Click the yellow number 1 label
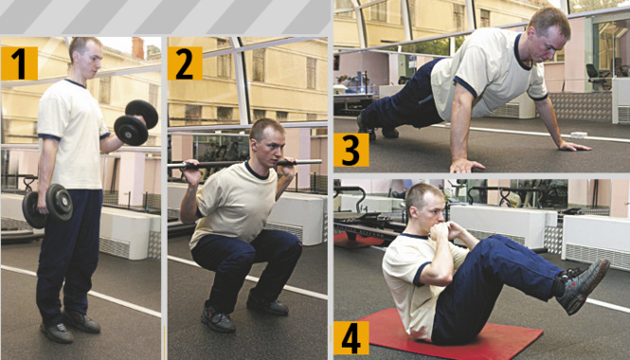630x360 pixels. [x=19, y=63]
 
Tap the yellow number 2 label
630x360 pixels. [x=185, y=63]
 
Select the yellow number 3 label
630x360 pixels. [x=351, y=150]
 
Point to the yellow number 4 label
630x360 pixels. [x=351, y=338]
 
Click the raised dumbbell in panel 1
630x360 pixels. [x=135, y=122]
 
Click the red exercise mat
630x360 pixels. [x=450, y=333]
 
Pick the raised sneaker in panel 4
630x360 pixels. [x=585, y=286]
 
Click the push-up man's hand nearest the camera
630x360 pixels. [x=467, y=165]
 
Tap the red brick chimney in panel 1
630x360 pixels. [x=137, y=47]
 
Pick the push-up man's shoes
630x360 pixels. [x=378, y=130]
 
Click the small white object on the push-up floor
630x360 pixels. [x=579, y=135]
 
